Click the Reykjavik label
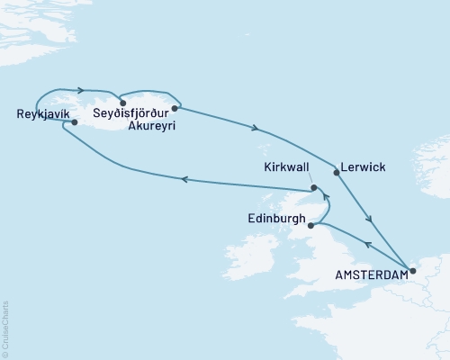(41, 113)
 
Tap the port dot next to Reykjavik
(75, 122)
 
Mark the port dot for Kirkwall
(313, 188)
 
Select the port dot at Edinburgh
(310, 227)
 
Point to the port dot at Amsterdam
(412, 270)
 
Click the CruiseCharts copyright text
(5, 328)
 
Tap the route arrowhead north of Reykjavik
(82, 89)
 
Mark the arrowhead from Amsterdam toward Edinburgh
(367, 242)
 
